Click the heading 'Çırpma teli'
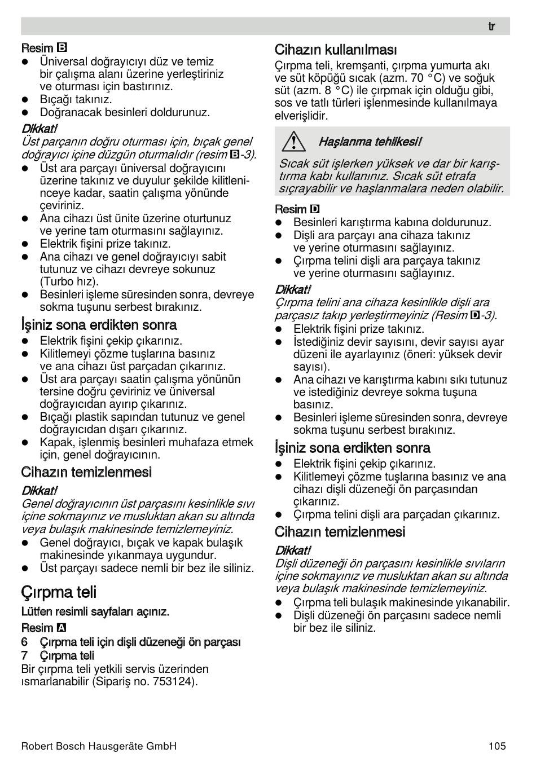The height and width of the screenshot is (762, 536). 59,592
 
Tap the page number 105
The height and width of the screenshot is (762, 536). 497,746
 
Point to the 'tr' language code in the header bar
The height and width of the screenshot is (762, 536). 491,27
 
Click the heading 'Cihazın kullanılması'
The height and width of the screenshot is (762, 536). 336,50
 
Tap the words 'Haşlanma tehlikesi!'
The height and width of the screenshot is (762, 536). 370,142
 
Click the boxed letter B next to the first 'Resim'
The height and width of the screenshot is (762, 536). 63,48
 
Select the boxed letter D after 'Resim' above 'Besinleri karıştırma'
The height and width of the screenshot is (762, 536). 315,209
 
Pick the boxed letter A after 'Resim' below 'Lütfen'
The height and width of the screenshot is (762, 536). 61,628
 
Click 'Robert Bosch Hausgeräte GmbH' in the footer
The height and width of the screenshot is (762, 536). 99,746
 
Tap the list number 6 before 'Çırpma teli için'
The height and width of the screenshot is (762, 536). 24,642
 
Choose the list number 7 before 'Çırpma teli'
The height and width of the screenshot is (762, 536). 24,655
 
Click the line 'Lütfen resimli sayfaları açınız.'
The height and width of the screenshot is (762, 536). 95,611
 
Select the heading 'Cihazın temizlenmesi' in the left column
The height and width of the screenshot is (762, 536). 86,472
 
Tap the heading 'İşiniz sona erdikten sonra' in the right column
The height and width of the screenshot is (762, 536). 353,448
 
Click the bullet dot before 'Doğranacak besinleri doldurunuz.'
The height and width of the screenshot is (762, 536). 25,112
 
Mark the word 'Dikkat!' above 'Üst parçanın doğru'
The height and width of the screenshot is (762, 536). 39,129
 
